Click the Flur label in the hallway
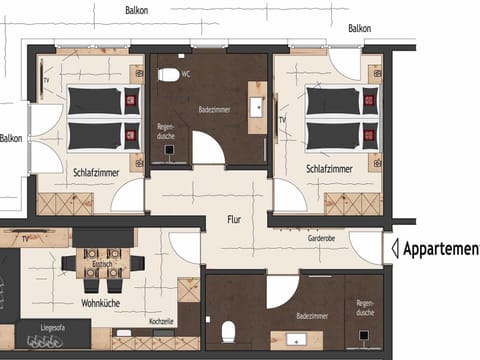234,220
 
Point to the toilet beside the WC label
168,75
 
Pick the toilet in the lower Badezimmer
229,330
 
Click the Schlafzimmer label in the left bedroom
97,172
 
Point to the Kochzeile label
161,321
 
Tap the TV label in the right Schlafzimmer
283,120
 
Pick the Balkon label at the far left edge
11,138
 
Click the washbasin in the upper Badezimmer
258,103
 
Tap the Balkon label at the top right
359,28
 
